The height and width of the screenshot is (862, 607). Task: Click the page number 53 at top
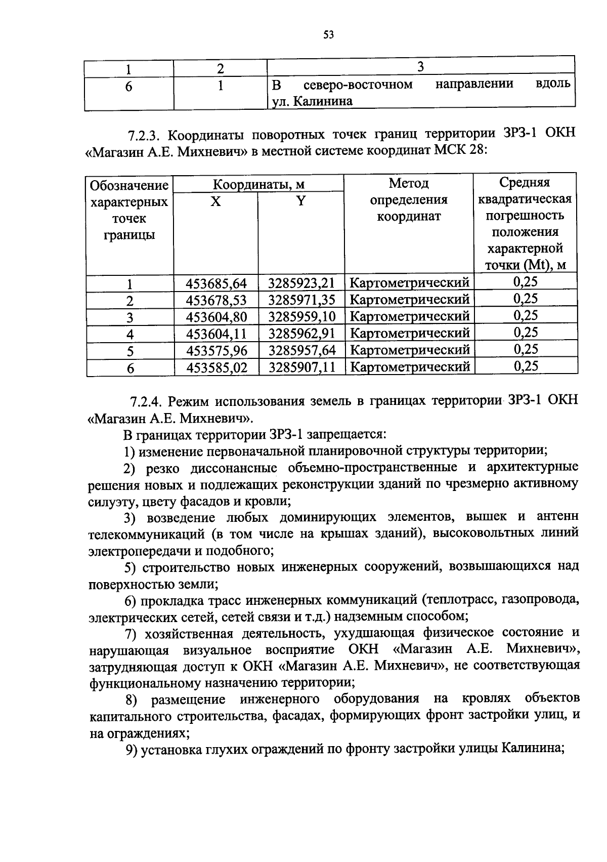[x=328, y=35]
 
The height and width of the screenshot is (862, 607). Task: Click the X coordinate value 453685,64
[x=216, y=283]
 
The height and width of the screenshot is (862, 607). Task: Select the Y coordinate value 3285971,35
[x=301, y=300]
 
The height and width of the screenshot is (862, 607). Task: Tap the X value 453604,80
[x=216, y=317]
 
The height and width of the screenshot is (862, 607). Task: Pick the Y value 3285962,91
[x=301, y=334]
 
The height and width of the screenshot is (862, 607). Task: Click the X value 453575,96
[x=216, y=351]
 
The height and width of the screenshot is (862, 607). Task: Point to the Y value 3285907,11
[x=301, y=367]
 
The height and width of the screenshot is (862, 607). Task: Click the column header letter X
[x=215, y=201]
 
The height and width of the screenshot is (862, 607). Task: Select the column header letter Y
[x=301, y=201]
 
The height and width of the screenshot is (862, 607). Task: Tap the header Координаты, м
[x=258, y=184]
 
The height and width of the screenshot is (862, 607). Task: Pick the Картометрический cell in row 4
[x=410, y=334]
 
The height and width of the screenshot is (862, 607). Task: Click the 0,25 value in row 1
[x=526, y=282]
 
